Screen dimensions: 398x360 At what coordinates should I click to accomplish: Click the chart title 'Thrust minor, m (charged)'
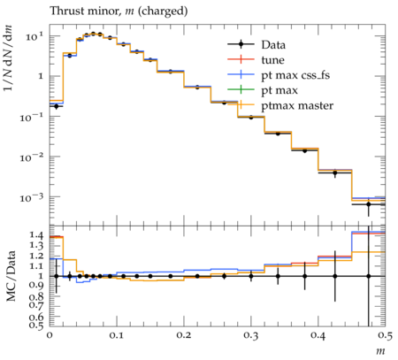(x=119, y=11)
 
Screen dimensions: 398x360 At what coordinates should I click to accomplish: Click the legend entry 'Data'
(x=273, y=45)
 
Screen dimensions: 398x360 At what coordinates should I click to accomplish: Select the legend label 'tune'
(x=272, y=60)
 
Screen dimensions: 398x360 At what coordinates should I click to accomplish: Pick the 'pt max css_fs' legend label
(x=295, y=75)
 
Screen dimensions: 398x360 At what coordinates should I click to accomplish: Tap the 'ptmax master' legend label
(x=297, y=106)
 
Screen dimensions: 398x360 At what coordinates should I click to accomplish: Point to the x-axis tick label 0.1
(x=117, y=335)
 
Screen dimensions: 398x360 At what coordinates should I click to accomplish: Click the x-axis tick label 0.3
(x=251, y=335)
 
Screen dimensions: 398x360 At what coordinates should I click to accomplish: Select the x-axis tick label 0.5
(x=385, y=335)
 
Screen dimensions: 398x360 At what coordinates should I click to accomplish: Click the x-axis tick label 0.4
(x=318, y=335)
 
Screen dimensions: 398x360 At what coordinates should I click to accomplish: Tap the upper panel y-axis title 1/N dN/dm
(x=8, y=57)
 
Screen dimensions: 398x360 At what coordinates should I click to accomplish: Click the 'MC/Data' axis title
(x=11, y=276)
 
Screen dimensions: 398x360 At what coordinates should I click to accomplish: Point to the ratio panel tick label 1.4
(x=35, y=235)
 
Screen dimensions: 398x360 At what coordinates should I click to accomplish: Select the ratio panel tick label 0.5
(x=35, y=325)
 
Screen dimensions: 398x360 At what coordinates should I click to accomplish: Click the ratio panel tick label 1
(x=41, y=276)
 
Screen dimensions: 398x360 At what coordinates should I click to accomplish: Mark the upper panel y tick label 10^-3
(x=31, y=197)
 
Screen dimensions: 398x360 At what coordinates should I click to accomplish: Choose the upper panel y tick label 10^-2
(x=31, y=157)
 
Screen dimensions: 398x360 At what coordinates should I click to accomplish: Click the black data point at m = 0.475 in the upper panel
(x=369, y=204)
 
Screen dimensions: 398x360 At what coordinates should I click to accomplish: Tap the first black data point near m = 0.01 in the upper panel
(x=57, y=106)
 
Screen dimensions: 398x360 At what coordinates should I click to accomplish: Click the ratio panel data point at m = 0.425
(x=335, y=276)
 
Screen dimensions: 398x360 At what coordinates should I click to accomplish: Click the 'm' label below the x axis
(x=381, y=351)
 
